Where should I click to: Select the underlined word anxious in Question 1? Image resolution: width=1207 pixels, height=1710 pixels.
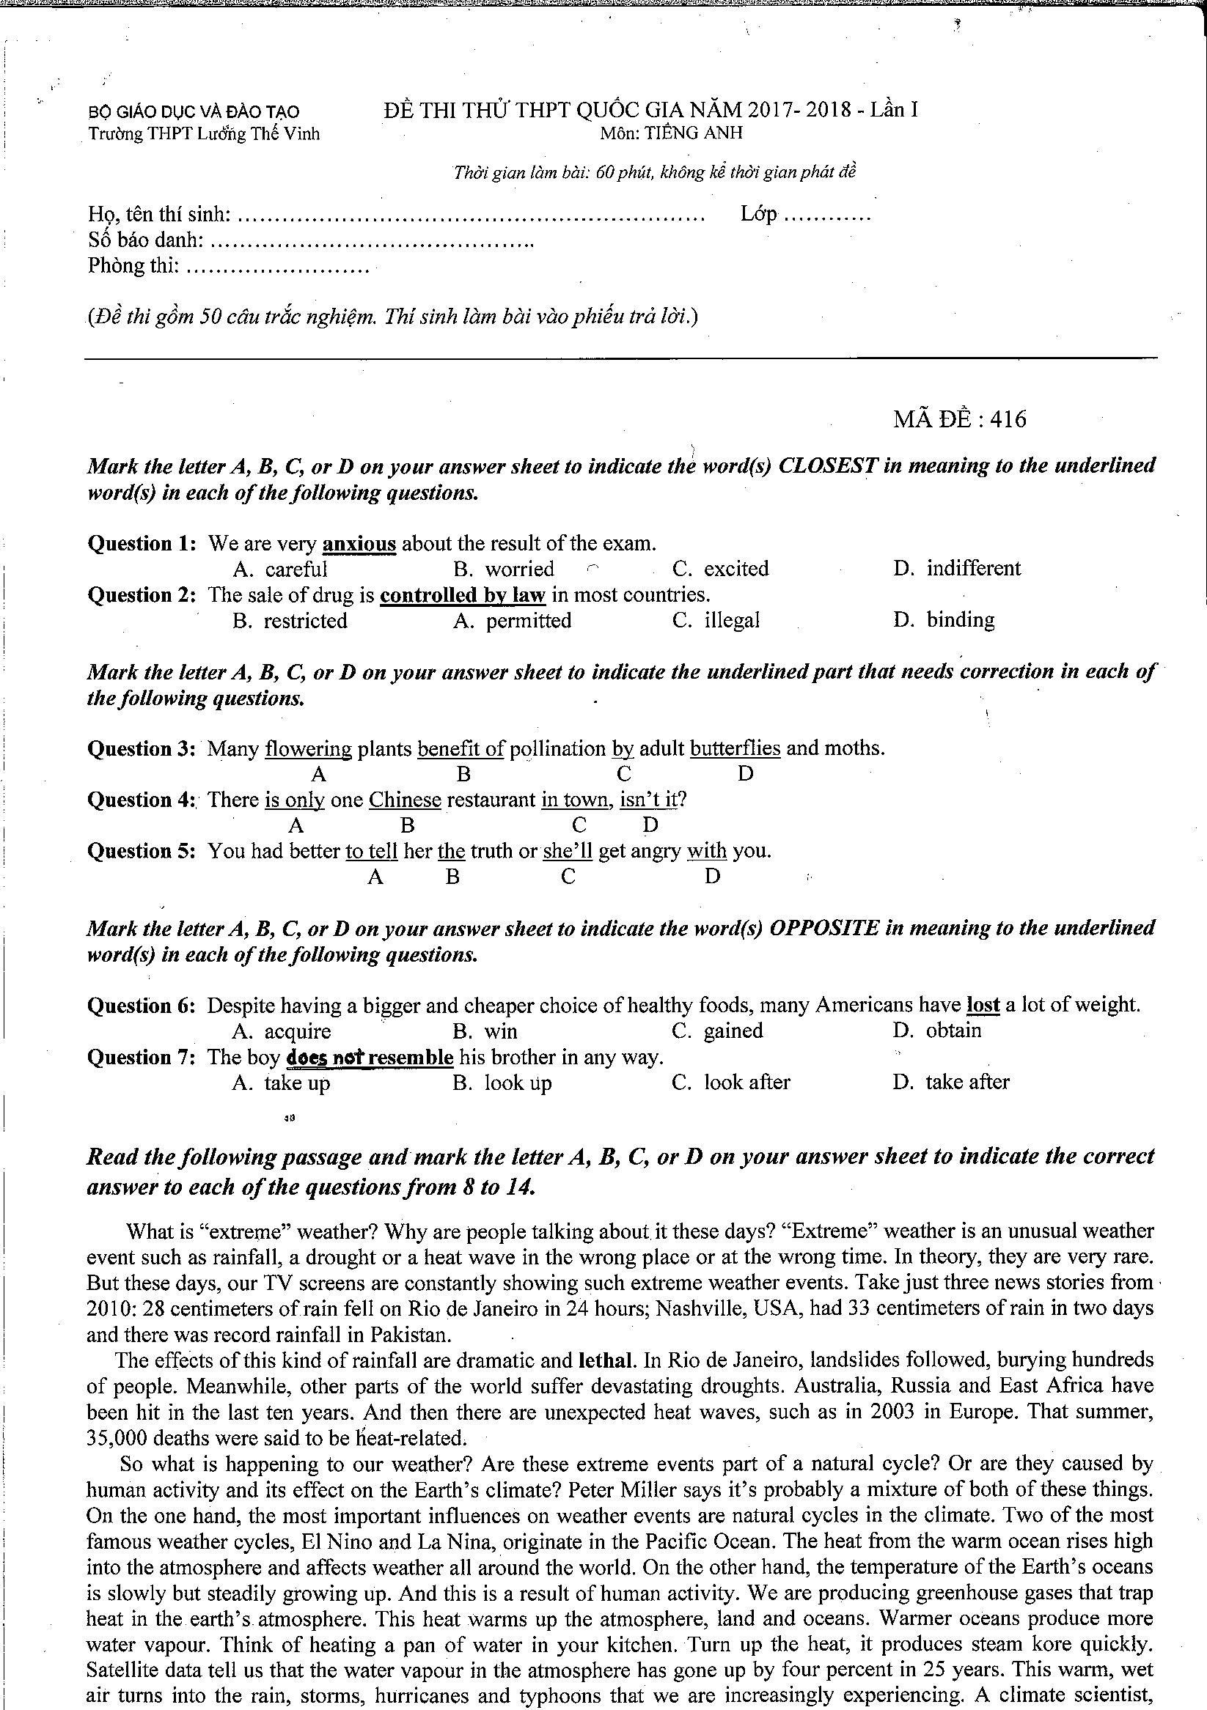[359, 544]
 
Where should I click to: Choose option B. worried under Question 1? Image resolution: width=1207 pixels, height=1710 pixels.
[505, 570]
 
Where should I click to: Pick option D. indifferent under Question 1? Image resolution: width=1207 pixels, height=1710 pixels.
[957, 569]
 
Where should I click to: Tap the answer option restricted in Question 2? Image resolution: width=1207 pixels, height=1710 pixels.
[290, 621]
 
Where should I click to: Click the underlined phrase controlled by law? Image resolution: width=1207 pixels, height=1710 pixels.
[463, 595]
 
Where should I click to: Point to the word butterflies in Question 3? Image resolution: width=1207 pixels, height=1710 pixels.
[735, 748]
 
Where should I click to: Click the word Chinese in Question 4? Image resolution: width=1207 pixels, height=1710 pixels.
[406, 800]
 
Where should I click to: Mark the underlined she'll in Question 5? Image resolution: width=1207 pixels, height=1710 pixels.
[567, 851]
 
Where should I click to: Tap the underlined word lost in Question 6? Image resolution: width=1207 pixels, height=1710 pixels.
[982, 1006]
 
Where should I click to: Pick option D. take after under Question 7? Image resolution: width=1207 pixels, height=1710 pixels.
[950, 1083]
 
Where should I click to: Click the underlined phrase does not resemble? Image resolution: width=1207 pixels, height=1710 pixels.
[370, 1058]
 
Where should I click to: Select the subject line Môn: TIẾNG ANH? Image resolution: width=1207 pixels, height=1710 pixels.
[671, 133]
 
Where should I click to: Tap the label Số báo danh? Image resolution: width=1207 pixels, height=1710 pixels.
[146, 240]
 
